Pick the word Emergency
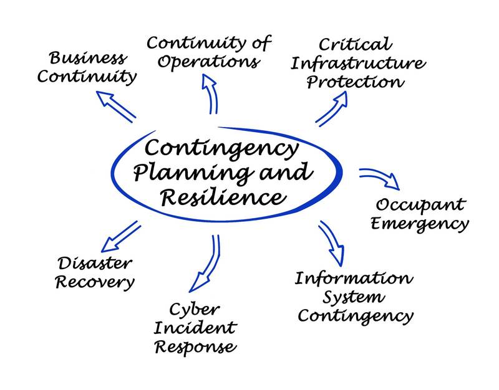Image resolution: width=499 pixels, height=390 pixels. coord(419,223)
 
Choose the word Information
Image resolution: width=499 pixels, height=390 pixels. coord(353,278)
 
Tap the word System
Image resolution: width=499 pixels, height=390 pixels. coord(353,297)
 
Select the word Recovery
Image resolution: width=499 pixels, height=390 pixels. coord(94,282)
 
